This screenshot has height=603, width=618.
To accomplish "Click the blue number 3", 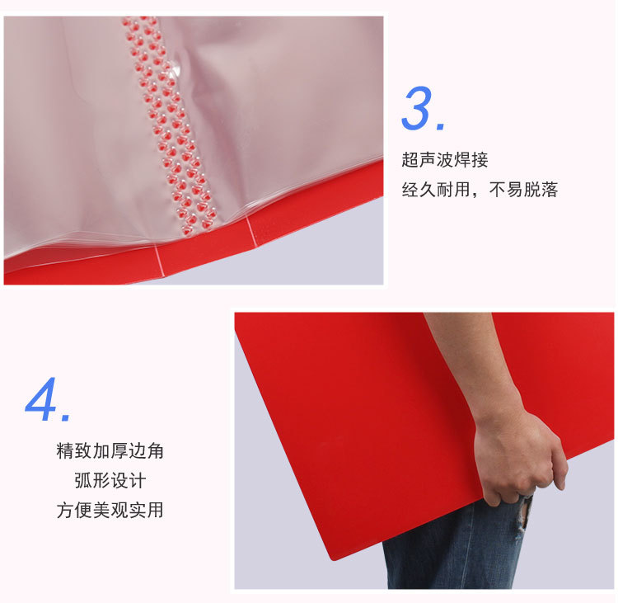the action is tap(419, 109).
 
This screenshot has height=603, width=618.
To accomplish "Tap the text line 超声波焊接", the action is tap(445, 160).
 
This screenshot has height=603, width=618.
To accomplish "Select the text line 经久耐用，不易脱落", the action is tap(480, 190).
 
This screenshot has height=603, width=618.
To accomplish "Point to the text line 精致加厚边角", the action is tap(110, 450).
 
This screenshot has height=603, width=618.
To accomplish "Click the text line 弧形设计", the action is tap(110, 480).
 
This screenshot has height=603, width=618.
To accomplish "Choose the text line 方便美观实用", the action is tap(110, 510).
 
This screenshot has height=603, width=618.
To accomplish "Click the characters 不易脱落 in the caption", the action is tap(524, 190).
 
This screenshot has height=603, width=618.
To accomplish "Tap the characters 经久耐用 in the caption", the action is tap(436, 190).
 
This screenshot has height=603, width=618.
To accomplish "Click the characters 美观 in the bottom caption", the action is tap(110, 510).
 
